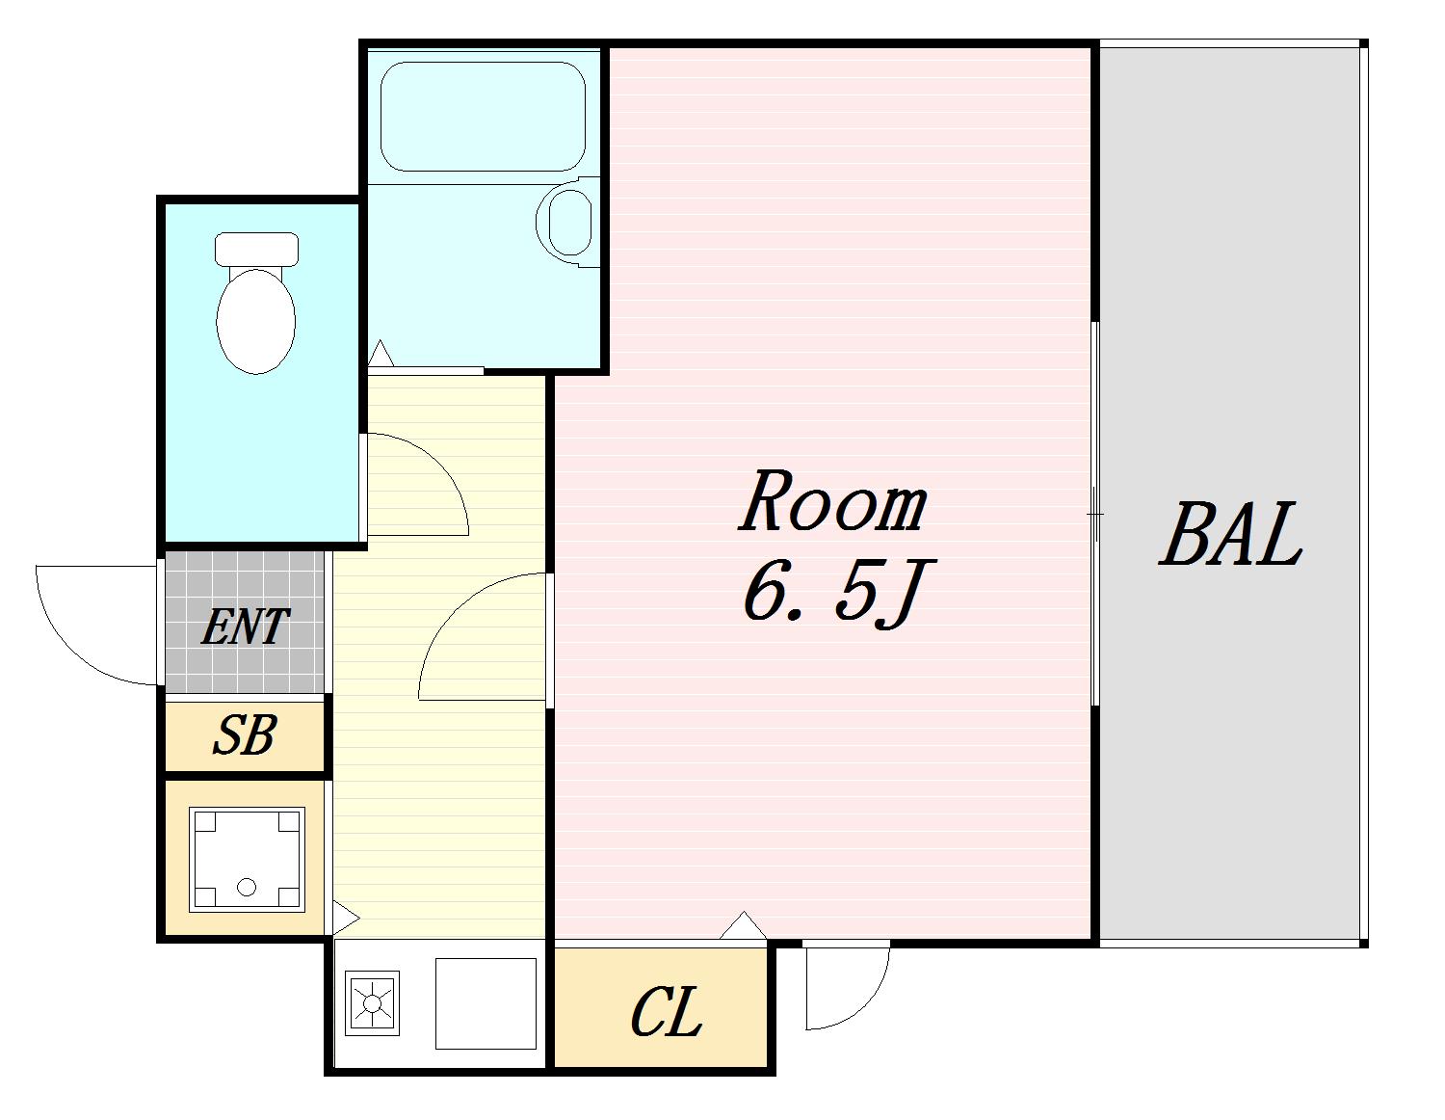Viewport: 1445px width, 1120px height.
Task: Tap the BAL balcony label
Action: (1230, 534)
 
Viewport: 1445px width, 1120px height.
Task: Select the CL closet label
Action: (666, 1013)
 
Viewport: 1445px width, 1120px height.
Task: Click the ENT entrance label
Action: (245, 627)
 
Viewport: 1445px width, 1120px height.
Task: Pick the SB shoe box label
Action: (244, 734)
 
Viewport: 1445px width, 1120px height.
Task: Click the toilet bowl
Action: (256, 321)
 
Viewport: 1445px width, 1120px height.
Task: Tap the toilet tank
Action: (256, 249)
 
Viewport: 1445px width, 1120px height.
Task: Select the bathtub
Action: (483, 117)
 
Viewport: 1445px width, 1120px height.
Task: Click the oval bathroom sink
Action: (570, 223)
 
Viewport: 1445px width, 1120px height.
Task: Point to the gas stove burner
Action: (373, 1003)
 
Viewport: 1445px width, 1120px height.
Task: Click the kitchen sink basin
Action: (486, 1003)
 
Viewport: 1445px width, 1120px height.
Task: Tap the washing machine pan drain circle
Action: (247, 887)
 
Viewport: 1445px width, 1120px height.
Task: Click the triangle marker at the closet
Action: (744, 926)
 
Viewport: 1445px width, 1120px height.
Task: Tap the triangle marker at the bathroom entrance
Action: (381, 353)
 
